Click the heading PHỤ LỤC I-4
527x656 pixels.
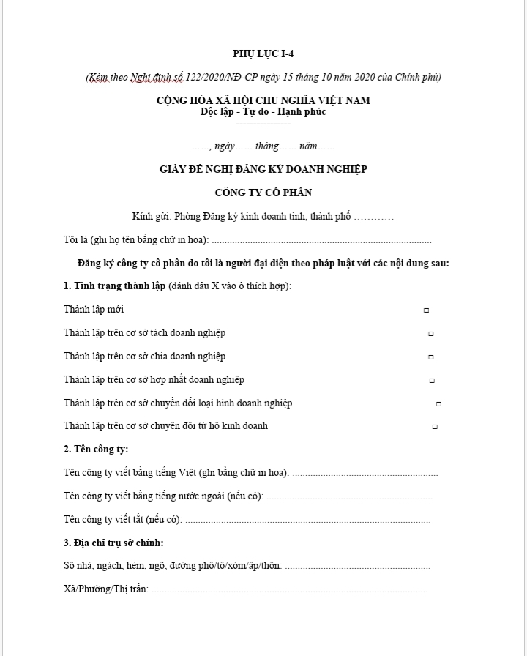pos(263,53)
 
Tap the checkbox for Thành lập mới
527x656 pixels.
pos(426,310)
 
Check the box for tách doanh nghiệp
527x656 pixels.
pos(431,334)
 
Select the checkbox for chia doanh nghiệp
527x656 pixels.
pos(431,357)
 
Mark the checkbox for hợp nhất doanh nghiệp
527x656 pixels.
pos(432,381)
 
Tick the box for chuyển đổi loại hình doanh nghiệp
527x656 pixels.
pos(438,403)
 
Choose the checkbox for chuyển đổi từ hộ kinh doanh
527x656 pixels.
pos(435,426)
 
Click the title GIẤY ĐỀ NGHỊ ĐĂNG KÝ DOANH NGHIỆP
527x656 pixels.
pos(263,169)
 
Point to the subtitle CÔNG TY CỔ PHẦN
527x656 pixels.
pos(263,193)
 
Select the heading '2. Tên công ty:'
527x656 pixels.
pos(96,450)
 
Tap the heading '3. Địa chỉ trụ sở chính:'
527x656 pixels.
pos(113,543)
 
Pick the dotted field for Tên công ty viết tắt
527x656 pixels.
pos(307,521)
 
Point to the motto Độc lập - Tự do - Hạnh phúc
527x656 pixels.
pos(263,111)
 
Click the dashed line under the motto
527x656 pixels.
pos(263,122)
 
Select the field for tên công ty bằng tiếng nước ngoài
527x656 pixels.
pos(349,497)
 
